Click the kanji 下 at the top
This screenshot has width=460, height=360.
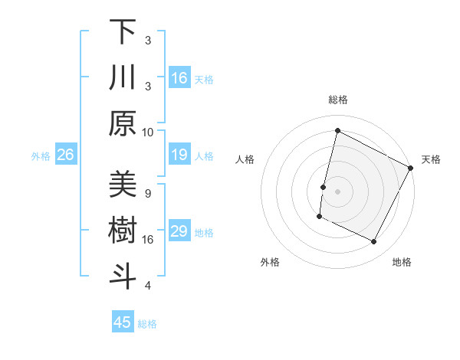coord(123,32)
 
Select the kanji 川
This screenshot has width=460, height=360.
coord(123,77)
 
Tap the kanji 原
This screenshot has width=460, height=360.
coord(123,123)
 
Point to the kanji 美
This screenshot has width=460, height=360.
coord(123,185)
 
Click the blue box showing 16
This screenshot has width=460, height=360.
coord(179,78)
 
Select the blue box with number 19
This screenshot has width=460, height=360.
coord(179,155)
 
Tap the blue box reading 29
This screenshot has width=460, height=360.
coord(179,232)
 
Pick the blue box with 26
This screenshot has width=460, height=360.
coord(65,155)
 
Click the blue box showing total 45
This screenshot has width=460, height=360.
coord(123,322)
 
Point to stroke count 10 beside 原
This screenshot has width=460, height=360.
coord(148,132)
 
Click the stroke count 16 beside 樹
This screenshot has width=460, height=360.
coord(148,239)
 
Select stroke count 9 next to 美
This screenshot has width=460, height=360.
coord(148,193)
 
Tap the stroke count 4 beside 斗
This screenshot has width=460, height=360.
coord(148,286)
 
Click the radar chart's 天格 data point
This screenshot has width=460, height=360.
coord(411,168)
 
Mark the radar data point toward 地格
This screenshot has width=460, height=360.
coord(374,242)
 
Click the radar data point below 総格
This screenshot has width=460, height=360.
coord(337,131)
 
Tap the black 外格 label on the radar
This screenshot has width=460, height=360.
coord(270,263)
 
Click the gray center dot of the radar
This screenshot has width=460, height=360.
coord(337,191)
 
